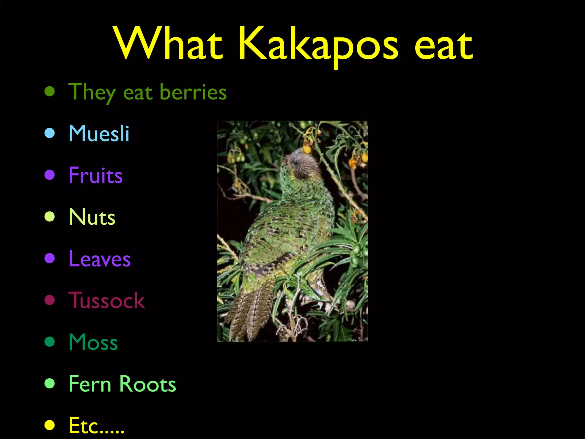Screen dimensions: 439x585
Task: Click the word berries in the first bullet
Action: (x=193, y=92)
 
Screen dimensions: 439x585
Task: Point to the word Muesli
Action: (x=99, y=133)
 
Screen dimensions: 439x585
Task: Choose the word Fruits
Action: (x=95, y=175)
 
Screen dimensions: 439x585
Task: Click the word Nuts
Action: (x=92, y=217)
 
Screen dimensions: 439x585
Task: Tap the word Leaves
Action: (x=100, y=259)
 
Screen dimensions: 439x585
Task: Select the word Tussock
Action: (x=107, y=300)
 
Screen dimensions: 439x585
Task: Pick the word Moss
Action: (x=93, y=342)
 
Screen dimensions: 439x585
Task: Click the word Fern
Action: (x=90, y=384)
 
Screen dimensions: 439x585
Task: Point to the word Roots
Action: (x=147, y=384)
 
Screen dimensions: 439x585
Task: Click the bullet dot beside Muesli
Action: (x=50, y=133)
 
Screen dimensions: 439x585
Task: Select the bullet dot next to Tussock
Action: (x=50, y=300)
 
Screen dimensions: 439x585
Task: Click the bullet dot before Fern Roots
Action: (x=50, y=384)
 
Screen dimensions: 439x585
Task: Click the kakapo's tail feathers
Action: (x=251, y=312)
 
